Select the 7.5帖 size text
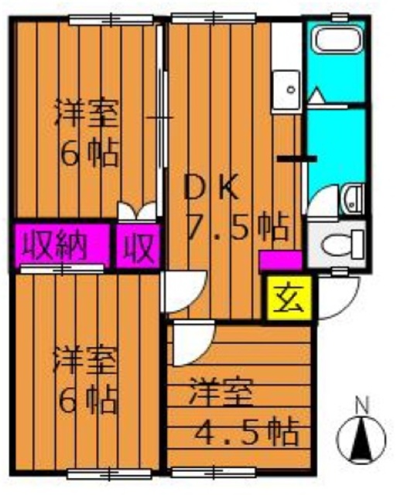[x=238, y=227]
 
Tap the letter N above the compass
[x=360, y=404]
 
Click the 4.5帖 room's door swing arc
[x=189, y=344]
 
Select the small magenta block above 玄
[x=280, y=260]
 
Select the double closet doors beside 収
[x=136, y=211]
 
